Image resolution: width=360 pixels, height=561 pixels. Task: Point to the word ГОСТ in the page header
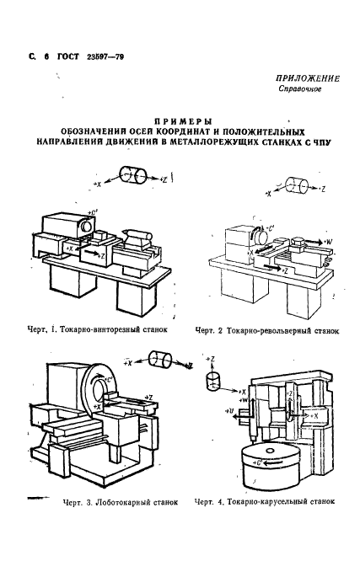[x=68, y=56]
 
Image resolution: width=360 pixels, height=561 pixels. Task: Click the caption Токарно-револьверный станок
[x=266, y=330]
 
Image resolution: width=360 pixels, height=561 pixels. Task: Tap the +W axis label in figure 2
[x=328, y=243]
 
